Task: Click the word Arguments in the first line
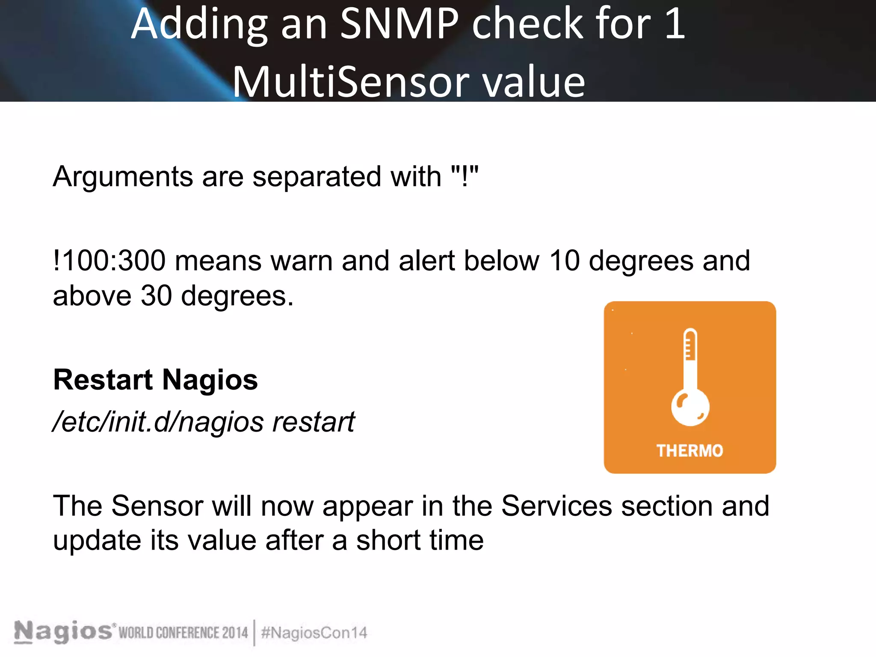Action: pos(123,176)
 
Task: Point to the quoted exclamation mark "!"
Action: pos(465,175)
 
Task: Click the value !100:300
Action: pos(109,260)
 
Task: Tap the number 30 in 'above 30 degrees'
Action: pos(156,296)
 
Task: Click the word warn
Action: pos(302,261)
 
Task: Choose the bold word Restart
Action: pos(103,380)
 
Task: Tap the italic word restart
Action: pos(314,422)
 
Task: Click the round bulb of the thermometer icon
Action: pos(690,408)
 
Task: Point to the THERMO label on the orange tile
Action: pos(690,451)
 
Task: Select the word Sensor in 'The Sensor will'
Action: pos(157,506)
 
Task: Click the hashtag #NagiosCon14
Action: pos(314,633)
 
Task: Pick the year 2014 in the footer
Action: pos(235,633)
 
